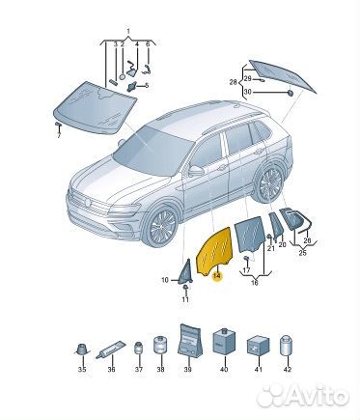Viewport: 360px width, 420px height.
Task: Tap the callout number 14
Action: point(216,276)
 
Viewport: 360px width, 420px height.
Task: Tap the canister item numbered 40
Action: point(224,345)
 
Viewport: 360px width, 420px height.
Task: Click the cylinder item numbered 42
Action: point(286,345)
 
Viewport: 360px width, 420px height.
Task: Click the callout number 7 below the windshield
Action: point(58,135)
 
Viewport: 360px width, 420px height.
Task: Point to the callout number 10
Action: point(164,280)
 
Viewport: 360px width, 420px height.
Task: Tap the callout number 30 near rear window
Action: point(247,91)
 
